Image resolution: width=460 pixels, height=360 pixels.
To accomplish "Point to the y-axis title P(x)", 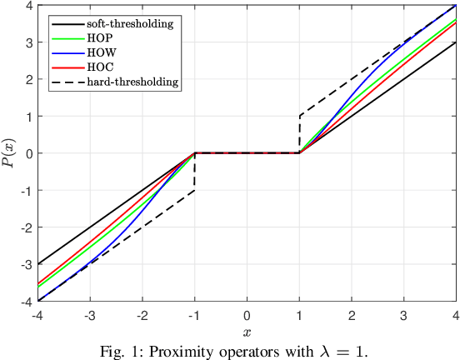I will tap(10, 153).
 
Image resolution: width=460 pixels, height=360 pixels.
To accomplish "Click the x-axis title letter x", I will tap(247, 331).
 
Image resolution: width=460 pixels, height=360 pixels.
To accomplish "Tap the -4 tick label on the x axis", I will tap(37, 315).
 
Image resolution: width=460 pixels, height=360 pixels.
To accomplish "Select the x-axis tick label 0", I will tap(247, 315).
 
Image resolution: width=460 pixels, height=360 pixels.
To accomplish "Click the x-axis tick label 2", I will tap(352, 315).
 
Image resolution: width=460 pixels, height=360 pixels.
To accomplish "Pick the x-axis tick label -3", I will tap(89, 315).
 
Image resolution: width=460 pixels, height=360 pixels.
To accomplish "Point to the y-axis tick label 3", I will tap(28, 42).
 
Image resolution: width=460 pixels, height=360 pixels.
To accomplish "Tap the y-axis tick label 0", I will tap(28, 153).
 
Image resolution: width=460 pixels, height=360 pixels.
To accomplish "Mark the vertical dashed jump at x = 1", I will tap(299, 134).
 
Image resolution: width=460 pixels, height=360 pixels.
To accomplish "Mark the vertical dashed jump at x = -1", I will tap(195, 172).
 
